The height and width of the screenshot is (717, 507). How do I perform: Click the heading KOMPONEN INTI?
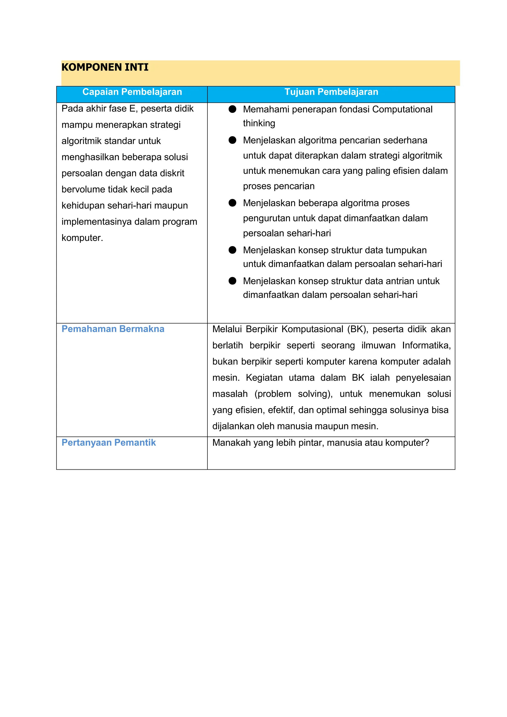[x=105, y=67]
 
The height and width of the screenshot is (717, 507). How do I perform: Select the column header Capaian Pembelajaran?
[x=132, y=92]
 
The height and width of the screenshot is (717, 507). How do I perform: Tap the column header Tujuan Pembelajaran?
[x=331, y=92]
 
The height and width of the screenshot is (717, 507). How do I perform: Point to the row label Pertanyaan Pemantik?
[x=108, y=442]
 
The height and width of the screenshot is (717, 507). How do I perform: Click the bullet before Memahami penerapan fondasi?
[x=232, y=109]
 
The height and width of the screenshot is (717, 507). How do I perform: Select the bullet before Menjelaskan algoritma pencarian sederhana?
[x=232, y=140]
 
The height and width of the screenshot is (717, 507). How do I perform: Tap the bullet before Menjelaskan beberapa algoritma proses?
[x=232, y=203]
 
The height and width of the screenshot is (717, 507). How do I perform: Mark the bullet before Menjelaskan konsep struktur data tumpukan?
[x=232, y=250]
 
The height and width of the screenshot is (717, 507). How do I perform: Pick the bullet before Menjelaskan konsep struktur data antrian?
[x=232, y=281]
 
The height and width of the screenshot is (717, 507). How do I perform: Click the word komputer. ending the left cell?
[x=82, y=238]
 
